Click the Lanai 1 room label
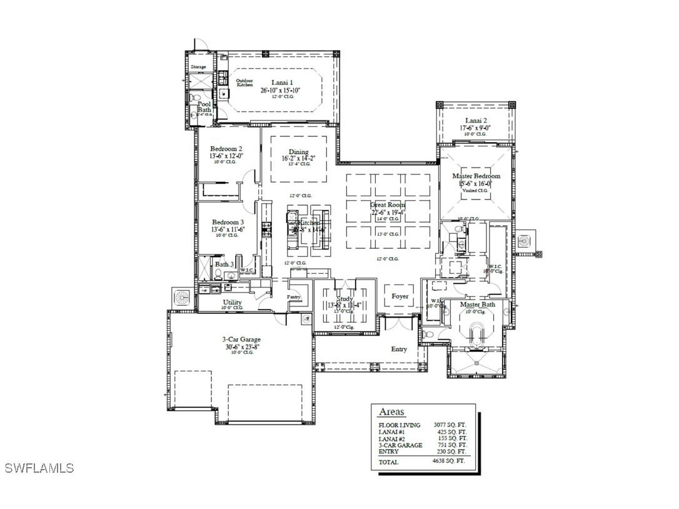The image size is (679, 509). pos(281,83)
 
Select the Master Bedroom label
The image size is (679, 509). pos(476,176)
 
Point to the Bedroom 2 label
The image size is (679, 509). pos(226,149)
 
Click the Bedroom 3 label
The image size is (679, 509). pos(228,222)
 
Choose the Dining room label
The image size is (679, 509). pos(298,151)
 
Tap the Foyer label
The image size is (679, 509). pos(400,296)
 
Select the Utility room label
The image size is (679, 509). pos(233,302)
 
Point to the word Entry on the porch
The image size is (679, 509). pos(399,349)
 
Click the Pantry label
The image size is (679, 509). pos(294,297)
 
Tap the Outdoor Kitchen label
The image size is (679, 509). pos(244,83)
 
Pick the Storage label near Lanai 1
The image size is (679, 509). pos(198,67)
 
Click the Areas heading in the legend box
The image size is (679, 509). pos(391,412)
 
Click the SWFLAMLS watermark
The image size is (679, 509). pos(39,468)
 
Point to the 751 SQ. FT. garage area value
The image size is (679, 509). pos(452,445)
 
